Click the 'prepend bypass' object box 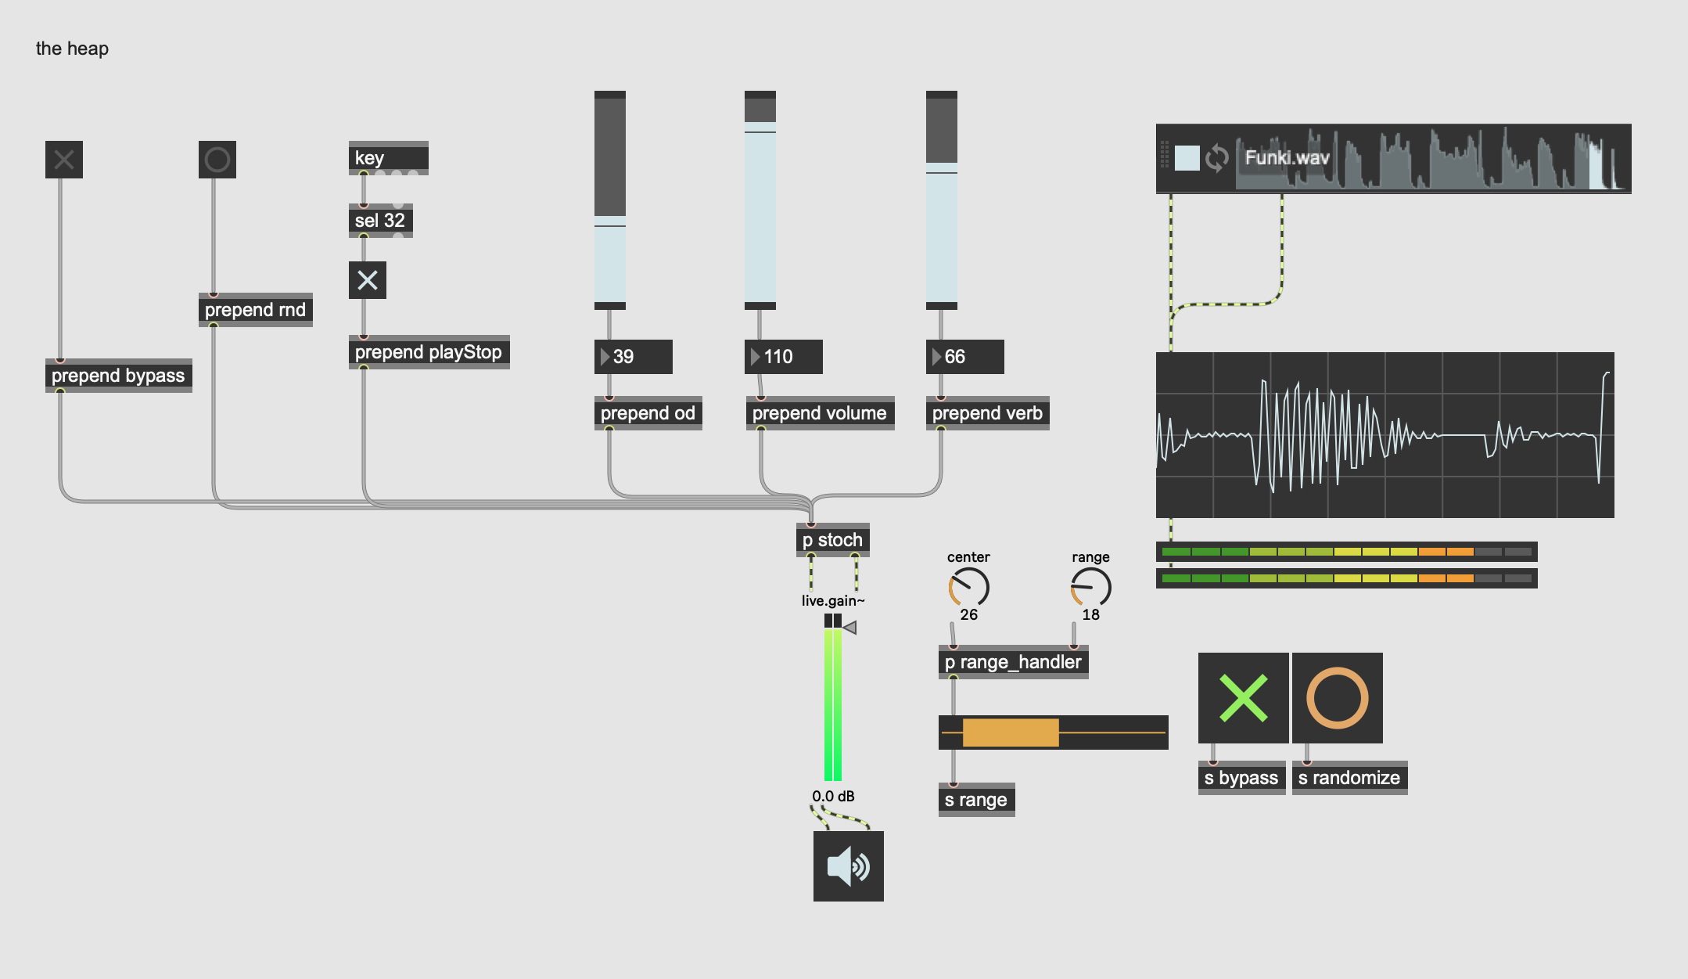tap(118, 376)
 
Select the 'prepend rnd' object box tap(255, 310)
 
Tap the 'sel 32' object tap(380, 221)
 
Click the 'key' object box tap(388, 158)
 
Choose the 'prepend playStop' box tap(429, 352)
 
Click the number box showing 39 tap(633, 357)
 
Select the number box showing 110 tap(783, 357)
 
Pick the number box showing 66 tap(964, 357)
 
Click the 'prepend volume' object tap(819, 413)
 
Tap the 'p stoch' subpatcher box tap(832, 540)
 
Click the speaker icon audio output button tap(848, 866)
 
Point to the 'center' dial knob tap(968, 588)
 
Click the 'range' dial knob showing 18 tap(1090, 588)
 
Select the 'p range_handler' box tap(1013, 662)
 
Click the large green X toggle tap(1243, 698)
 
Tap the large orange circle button tap(1337, 698)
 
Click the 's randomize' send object tap(1349, 778)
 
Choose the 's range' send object tap(976, 800)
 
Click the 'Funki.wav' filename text tap(1287, 158)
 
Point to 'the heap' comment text tap(72, 49)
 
